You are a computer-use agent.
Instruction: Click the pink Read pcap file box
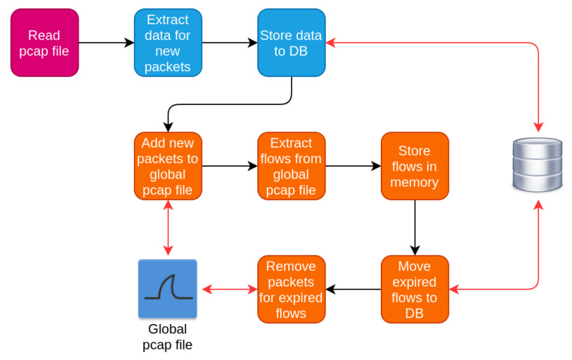tap(44, 43)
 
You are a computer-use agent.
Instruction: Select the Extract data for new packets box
tap(168, 43)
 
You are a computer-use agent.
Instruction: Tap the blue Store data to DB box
tap(291, 43)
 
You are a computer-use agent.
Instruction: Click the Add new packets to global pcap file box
tap(168, 166)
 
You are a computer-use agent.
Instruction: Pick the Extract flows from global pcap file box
tap(291, 166)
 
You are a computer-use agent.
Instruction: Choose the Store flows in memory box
tap(415, 166)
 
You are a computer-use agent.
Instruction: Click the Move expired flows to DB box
tap(415, 289)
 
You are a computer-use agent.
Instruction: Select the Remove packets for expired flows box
tap(291, 289)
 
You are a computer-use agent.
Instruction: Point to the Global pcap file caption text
tap(168, 336)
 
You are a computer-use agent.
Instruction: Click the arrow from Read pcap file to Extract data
tap(106, 43)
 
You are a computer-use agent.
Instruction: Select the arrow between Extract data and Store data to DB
tap(229, 43)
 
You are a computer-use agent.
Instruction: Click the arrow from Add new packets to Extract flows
tap(229, 166)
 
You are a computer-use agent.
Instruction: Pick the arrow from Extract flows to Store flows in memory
tap(353, 166)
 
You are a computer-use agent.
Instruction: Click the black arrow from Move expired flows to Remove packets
tap(353, 289)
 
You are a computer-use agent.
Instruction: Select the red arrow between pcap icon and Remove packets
tap(229, 289)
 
